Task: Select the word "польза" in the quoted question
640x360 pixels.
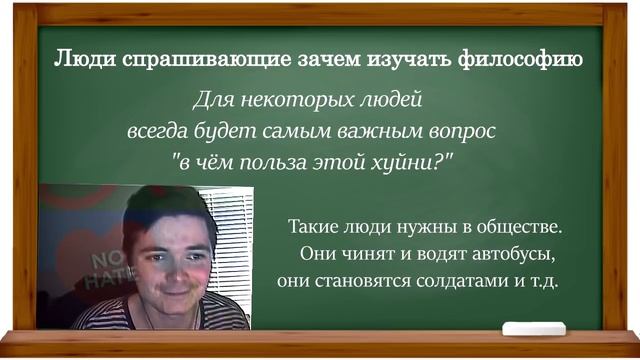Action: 270,160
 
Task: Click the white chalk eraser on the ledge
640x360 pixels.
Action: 532,327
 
